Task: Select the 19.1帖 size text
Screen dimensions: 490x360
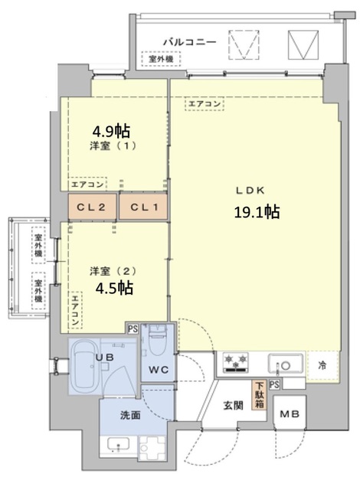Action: [256, 212]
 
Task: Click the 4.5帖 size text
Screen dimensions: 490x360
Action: [115, 288]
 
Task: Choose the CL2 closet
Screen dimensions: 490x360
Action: [91, 206]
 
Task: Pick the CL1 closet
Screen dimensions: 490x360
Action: [142, 206]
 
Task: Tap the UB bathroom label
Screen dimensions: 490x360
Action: [105, 357]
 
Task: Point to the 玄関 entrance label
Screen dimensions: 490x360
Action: [234, 405]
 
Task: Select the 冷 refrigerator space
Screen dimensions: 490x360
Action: [322, 364]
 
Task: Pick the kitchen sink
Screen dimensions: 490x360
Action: [286, 362]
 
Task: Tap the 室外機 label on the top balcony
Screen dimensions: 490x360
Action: [161, 58]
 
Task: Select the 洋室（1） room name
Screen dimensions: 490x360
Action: [113, 146]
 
